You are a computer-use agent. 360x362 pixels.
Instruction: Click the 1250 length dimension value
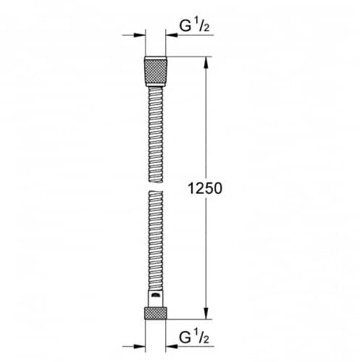pos(205,188)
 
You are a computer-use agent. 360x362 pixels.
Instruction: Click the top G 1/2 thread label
pos(194,26)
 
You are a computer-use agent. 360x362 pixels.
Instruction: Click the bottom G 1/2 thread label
pos(194,337)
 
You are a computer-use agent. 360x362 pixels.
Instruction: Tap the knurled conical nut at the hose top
pos(156,72)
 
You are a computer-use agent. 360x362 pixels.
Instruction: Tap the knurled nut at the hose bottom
pos(156,313)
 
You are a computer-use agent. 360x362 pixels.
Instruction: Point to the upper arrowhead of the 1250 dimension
pos(206,62)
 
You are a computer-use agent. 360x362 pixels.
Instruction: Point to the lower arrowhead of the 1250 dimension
pos(206,313)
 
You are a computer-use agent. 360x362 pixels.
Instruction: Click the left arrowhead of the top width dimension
pos(140,35)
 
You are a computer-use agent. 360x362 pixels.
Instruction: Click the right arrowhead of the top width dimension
pos(172,35)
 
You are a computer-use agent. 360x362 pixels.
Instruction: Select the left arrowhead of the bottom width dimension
pos(140,347)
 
